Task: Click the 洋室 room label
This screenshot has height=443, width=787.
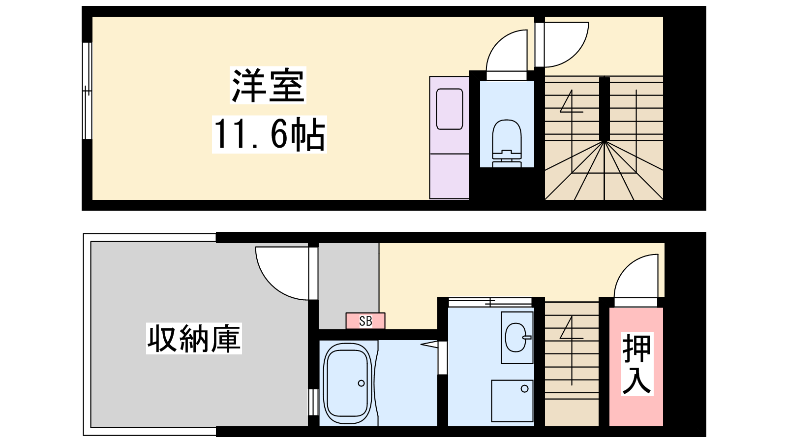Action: point(268,85)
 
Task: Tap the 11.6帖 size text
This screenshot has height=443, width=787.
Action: point(269,134)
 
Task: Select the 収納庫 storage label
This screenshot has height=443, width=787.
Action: point(194,339)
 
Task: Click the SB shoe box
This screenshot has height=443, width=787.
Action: point(365,321)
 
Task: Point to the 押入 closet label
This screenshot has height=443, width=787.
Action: point(637,364)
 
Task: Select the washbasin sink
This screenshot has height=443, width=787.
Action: point(517,337)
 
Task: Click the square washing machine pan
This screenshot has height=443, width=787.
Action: point(512,401)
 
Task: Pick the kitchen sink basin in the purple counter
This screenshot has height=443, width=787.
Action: point(449,109)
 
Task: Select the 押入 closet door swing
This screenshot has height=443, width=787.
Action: point(636,280)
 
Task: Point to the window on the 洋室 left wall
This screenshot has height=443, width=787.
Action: point(87,91)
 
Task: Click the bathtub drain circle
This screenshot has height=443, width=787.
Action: point(361,383)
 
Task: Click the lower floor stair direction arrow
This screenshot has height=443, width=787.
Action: point(572,350)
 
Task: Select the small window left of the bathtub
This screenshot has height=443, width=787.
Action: point(313,402)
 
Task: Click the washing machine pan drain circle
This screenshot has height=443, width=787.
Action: point(524,389)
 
